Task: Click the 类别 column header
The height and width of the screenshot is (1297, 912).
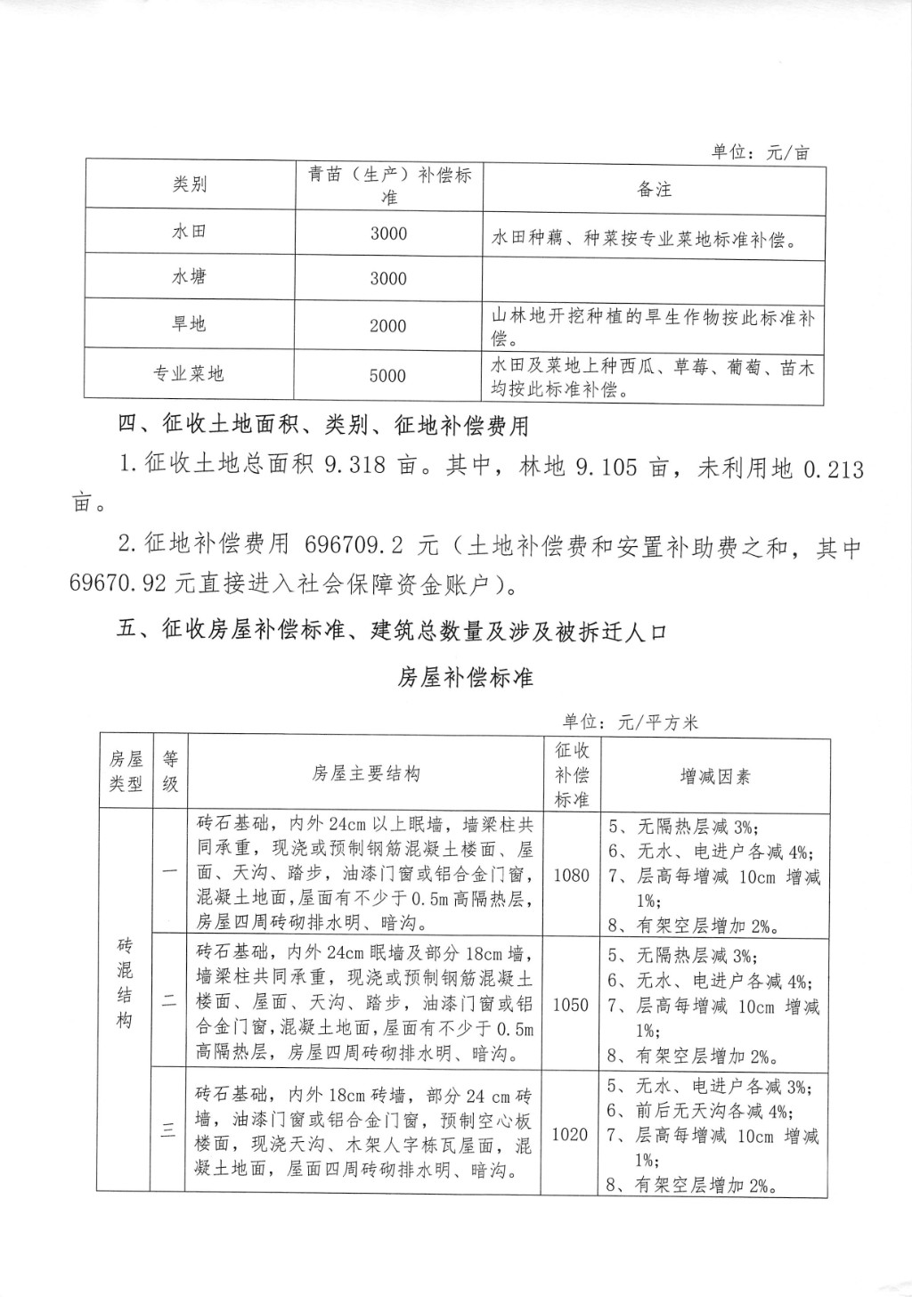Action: (190, 184)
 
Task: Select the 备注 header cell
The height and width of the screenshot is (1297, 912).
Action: (654, 189)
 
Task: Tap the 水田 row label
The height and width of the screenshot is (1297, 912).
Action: (190, 232)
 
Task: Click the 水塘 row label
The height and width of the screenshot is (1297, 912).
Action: (190, 277)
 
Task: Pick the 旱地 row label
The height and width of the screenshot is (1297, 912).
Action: (190, 324)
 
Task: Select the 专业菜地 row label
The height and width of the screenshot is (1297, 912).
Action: (189, 374)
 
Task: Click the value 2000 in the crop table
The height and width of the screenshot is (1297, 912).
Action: (388, 326)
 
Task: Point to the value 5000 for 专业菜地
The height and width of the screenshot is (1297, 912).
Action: (388, 376)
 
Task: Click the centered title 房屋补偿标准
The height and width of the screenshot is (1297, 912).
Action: (464, 677)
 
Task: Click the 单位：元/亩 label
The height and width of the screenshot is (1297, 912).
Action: (761, 151)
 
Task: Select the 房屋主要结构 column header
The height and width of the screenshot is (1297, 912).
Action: (366, 773)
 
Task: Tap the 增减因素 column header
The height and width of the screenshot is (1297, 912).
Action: (714, 776)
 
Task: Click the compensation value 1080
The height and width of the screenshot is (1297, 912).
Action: (571, 875)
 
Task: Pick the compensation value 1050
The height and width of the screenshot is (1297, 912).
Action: (571, 1004)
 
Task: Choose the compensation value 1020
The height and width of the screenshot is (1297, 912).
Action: (571, 1133)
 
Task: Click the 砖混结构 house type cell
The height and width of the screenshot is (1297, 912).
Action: (125, 982)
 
